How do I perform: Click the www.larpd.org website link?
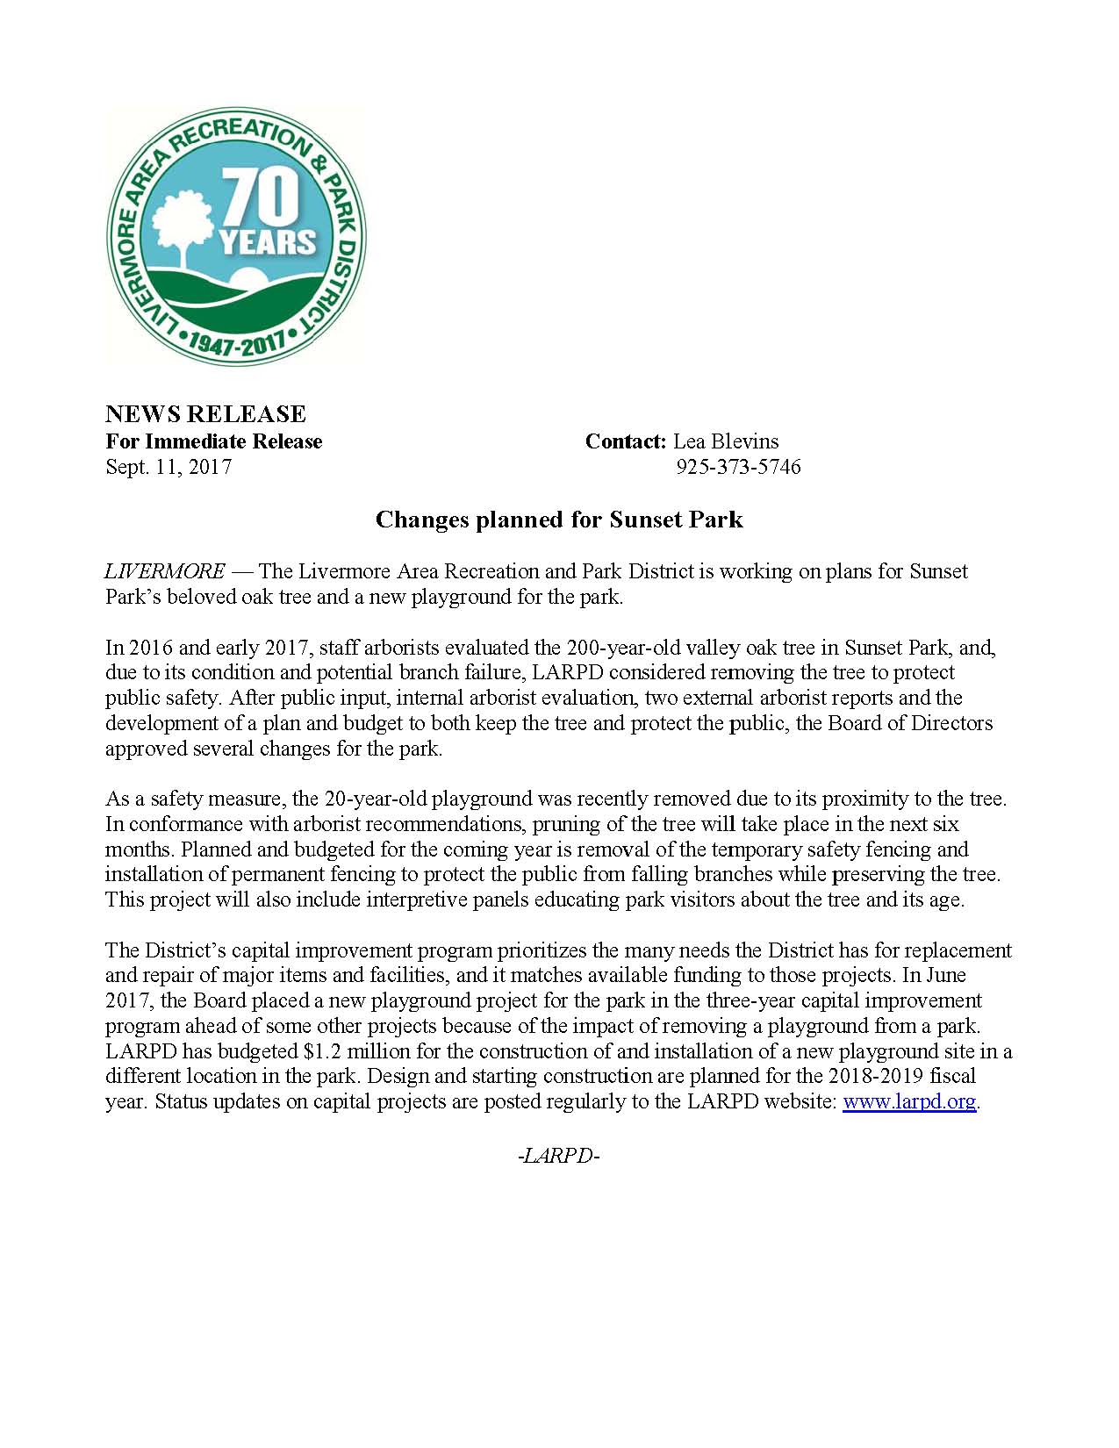click(909, 1101)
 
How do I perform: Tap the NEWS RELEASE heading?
click(205, 414)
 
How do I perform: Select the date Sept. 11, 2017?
click(169, 467)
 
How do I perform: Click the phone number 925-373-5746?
click(738, 467)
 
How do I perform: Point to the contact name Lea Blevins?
click(726, 441)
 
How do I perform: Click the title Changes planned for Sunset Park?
click(559, 520)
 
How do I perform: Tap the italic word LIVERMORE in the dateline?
click(165, 571)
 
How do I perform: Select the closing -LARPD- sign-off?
click(559, 1156)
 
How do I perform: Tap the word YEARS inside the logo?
click(268, 241)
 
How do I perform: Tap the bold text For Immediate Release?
click(214, 441)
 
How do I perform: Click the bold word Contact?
click(626, 441)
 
